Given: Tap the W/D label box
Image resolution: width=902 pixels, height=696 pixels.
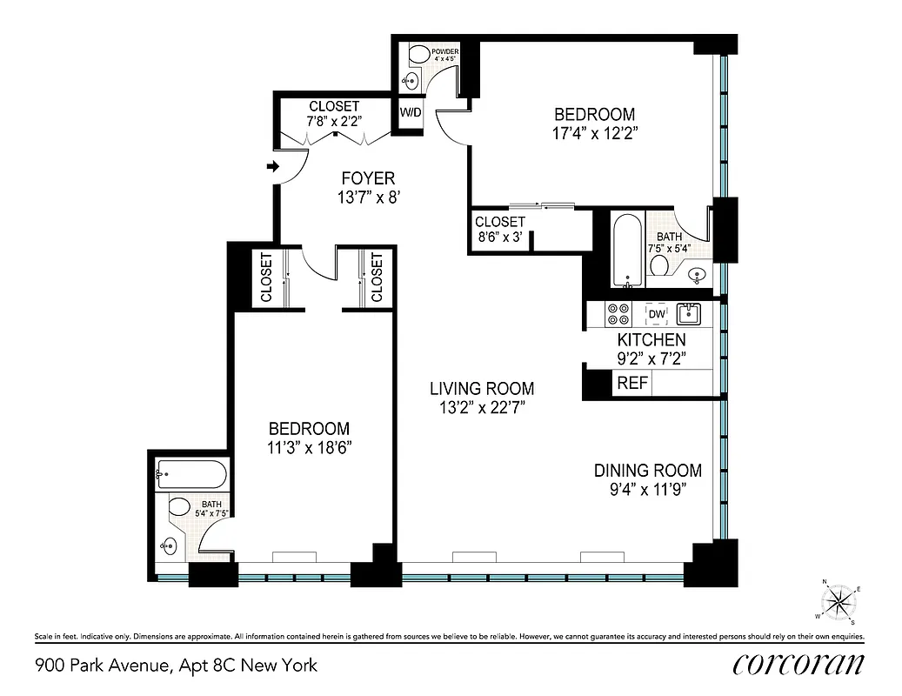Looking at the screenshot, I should click(411, 112).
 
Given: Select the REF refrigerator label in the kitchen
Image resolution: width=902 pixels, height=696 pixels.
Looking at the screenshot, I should click(631, 383).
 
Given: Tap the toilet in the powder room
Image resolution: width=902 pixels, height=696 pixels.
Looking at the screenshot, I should click(417, 57).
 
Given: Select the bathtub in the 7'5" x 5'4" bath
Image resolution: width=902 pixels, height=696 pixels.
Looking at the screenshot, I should click(627, 252).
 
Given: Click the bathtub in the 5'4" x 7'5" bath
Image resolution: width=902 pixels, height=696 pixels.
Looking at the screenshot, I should click(190, 475).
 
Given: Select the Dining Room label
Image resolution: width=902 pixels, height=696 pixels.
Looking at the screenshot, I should click(647, 471).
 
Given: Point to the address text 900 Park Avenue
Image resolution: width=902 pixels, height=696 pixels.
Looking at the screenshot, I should click(103, 666).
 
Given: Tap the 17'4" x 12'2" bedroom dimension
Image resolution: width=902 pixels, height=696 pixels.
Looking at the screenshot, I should click(595, 133).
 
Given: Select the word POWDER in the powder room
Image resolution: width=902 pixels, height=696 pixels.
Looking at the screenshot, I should click(444, 52).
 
